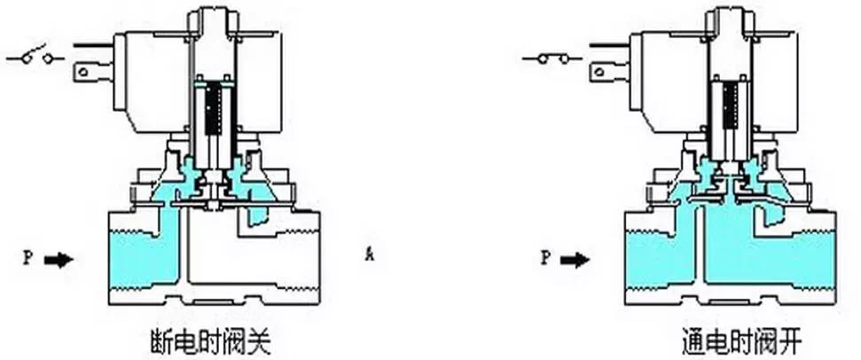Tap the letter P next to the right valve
(544, 259)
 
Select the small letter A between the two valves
(367, 257)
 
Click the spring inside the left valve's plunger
(212, 111)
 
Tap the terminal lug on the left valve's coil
(90, 67)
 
